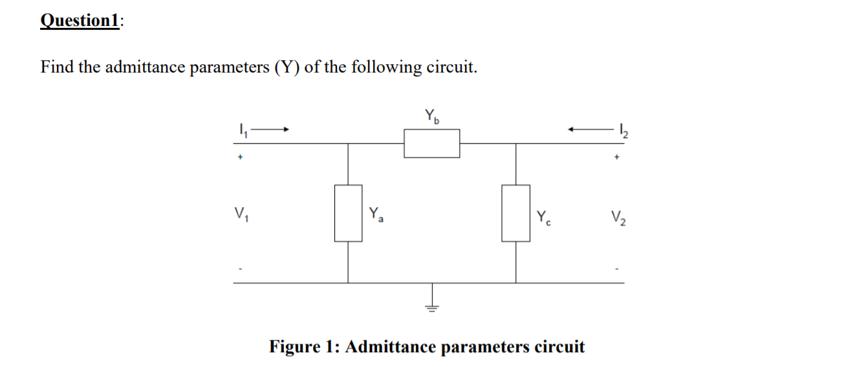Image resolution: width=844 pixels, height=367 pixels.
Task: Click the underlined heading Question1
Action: tap(80, 21)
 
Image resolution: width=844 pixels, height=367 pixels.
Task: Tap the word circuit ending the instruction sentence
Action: tap(450, 67)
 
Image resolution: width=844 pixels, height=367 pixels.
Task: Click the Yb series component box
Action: tap(432, 143)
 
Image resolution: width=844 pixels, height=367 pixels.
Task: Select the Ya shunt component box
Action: tap(348, 213)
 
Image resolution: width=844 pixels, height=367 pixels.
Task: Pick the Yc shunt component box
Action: tap(515, 213)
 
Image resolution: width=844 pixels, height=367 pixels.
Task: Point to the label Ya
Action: tap(376, 214)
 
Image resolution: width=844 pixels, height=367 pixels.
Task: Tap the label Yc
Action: tap(543, 216)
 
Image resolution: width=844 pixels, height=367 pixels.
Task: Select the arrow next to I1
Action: tap(270, 129)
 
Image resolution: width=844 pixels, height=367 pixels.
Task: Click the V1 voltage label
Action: tap(240, 214)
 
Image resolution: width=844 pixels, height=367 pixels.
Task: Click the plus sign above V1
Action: tap(239, 156)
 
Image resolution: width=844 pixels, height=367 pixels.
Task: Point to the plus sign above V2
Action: tap(618, 156)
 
